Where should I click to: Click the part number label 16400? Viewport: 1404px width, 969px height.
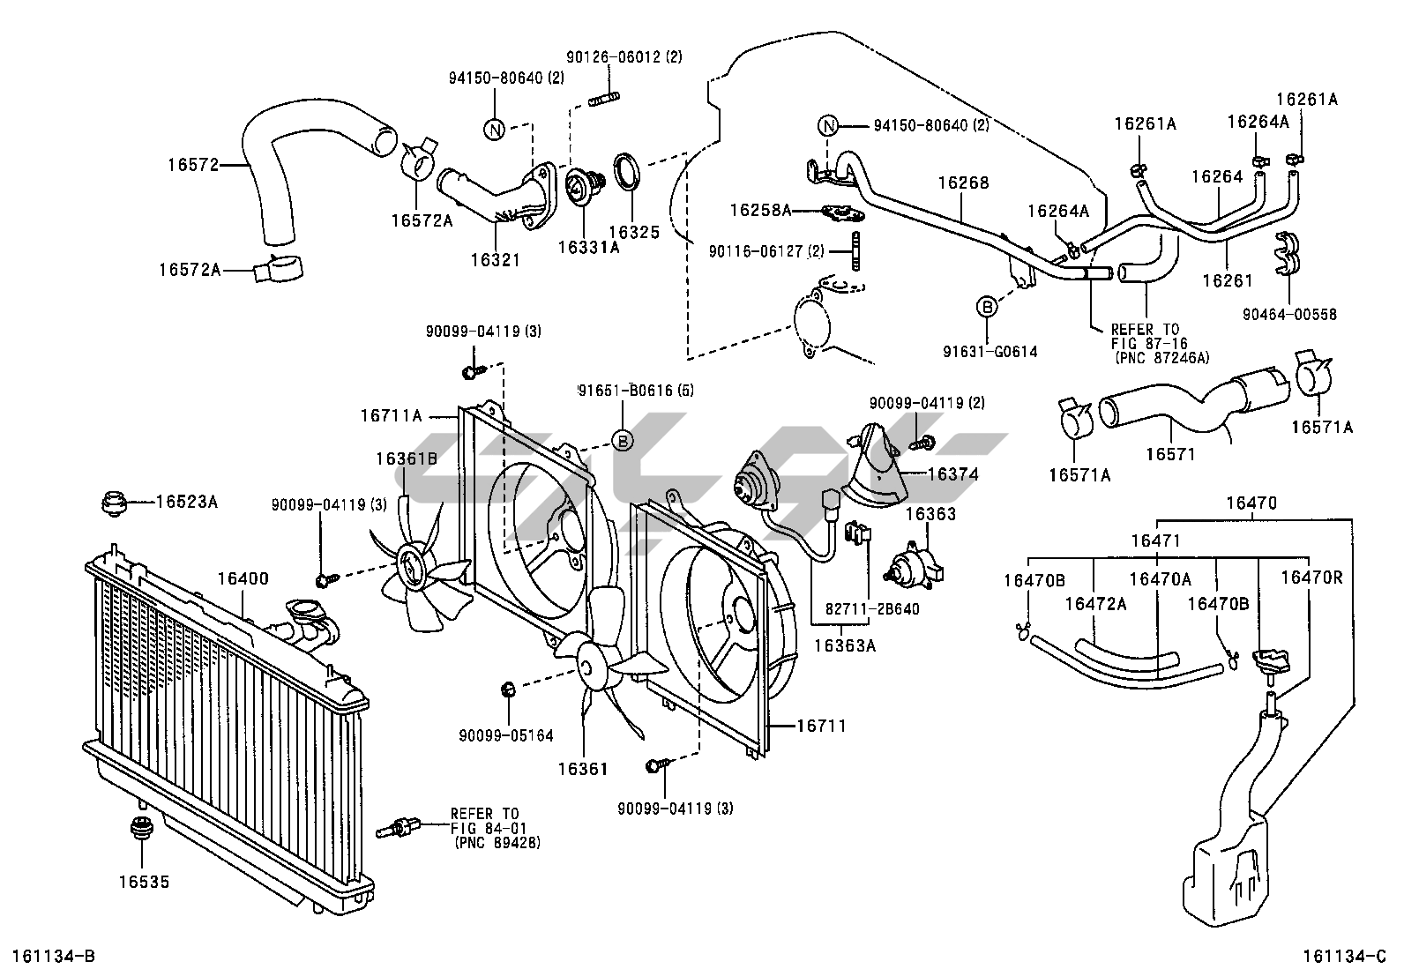pyautogui.click(x=243, y=578)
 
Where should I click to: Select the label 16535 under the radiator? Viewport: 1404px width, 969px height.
pyautogui.click(x=144, y=882)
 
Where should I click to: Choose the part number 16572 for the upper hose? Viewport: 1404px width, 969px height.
pyautogui.click(x=193, y=165)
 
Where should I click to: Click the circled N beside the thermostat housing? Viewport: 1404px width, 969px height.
pyautogui.click(x=495, y=130)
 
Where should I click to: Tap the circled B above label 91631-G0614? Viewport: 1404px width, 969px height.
pyautogui.click(x=987, y=307)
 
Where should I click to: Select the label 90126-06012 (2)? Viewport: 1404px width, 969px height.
pyautogui.click(x=624, y=57)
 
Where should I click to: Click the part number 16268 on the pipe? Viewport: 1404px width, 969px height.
pyautogui.click(x=963, y=183)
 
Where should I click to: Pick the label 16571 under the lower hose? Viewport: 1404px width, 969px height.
pyautogui.click(x=1170, y=454)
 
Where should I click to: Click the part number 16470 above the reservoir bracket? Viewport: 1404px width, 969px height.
pyautogui.click(x=1251, y=503)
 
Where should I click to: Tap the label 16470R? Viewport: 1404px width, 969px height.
pyautogui.click(x=1311, y=578)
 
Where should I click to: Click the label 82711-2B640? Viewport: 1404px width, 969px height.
pyautogui.click(x=872, y=608)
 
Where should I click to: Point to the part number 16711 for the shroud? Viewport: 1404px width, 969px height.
pyautogui.click(x=821, y=726)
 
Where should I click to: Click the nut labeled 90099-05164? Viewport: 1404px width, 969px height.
pyautogui.click(x=508, y=690)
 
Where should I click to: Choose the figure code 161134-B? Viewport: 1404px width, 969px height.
pyautogui.click(x=55, y=956)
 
